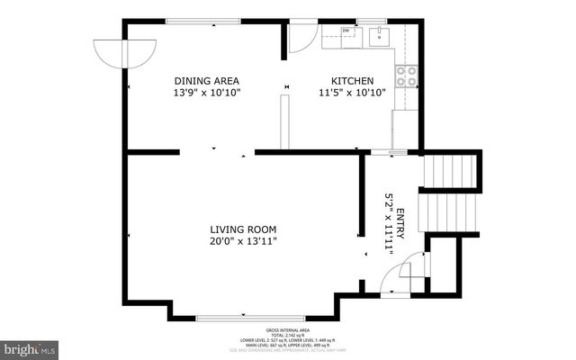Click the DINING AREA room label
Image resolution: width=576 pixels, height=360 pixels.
coord(207,80)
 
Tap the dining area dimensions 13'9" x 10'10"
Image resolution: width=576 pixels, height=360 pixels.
coord(207,92)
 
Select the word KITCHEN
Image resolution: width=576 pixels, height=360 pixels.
coord(352,80)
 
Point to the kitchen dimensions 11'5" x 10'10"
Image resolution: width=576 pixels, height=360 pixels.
coord(352,92)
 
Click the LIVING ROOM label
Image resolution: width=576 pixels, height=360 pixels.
coord(243,229)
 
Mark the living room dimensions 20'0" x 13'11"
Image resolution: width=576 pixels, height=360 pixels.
coord(243,240)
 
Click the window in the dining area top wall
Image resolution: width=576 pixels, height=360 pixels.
coord(203,21)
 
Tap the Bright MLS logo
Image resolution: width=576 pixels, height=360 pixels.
coord(29,347)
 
